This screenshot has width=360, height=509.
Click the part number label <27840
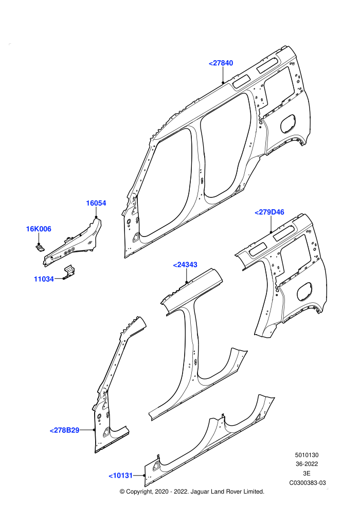[x=221, y=63]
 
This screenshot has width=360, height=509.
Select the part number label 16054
[x=96, y=203]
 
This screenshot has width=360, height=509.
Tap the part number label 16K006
[x=39, y=229]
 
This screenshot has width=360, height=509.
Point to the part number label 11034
[x=44, y=279]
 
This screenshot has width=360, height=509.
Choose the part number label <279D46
[x=269, y=212]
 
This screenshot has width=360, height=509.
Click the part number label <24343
[x=185, y=265]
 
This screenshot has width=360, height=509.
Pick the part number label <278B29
[x=65, y=430]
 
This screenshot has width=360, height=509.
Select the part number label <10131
[x=121, y=476]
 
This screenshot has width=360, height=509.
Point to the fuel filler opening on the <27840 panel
[x=288, y=123]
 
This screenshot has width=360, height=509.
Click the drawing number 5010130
[x=307, y=455]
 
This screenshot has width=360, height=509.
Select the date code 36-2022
[x=307, y=464]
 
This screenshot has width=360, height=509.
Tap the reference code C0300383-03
[x=308, y=483]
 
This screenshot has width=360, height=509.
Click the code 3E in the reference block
[x=307, y=474]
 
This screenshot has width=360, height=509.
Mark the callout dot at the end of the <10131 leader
[x=144, y=476]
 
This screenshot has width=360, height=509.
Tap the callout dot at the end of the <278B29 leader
[x=94, y=430]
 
